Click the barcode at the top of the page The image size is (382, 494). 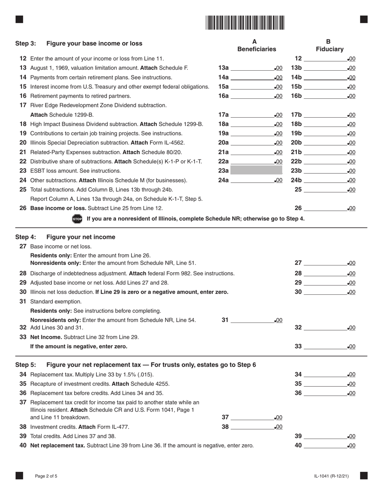tap(245, 22)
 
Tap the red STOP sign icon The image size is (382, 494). tap(77, 219)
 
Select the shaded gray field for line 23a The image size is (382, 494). tap(256, 171)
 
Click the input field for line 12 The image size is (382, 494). tap(326, 59)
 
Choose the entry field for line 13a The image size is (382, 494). tap(252, 68)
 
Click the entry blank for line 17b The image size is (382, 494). tap(326, 115)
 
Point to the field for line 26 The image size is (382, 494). tap(326, 208)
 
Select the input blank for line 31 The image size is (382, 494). tap(252, 320)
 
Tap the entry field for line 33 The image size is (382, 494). tap(326, 347)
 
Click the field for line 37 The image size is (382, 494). tap(252, 417)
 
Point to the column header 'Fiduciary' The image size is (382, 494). tap(329, 49)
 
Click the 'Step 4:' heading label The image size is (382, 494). tap(26, 237)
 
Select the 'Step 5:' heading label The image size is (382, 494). tap(26, 365)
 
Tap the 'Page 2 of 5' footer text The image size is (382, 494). tap(46, 476)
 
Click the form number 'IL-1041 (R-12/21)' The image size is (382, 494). tap(331, 476)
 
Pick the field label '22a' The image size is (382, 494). tap(223, 161)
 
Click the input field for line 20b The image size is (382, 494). tap(326, 143)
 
